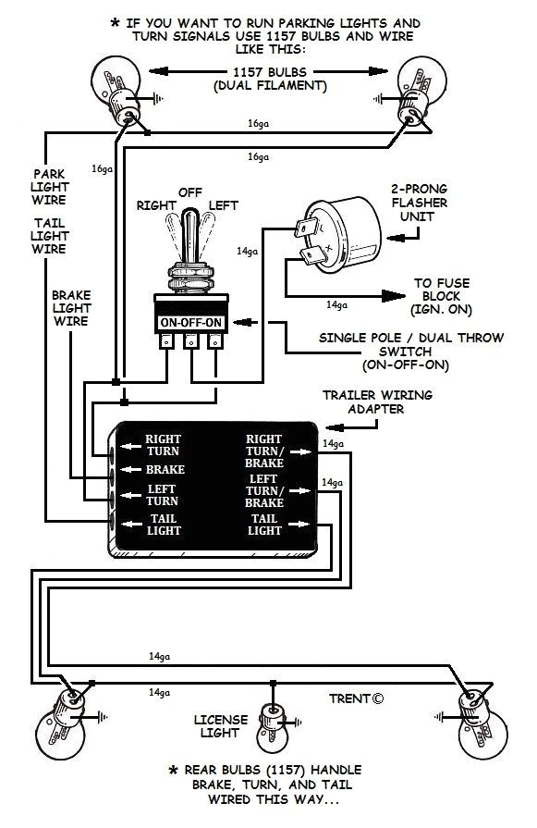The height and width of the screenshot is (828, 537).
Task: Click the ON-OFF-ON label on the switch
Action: tap(190, 322)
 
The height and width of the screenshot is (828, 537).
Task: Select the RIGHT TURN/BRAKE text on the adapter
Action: tap(263, 451)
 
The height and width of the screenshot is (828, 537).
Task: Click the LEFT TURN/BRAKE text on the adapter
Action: tap(263, 489)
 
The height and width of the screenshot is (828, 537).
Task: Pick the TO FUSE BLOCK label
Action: tap(441, 293)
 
